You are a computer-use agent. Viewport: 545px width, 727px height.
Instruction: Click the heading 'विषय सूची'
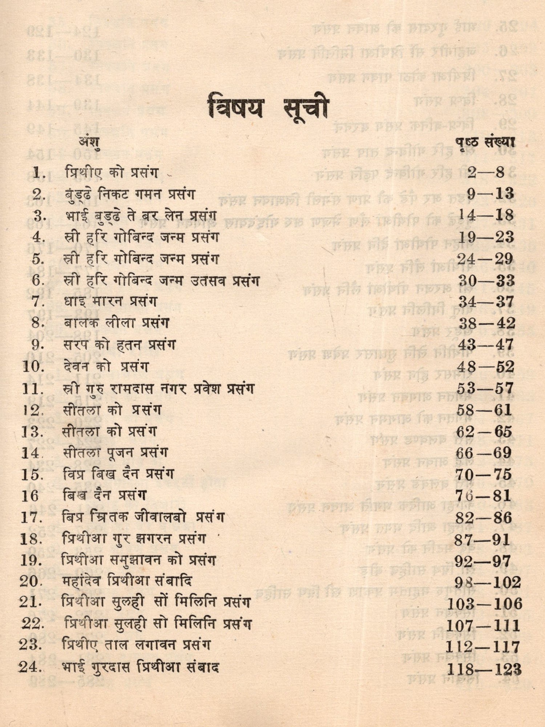(x=268, y=108)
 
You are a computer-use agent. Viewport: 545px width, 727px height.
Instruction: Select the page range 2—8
(x=486, y=172)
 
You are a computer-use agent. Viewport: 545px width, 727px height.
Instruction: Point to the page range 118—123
(x=484, y=669)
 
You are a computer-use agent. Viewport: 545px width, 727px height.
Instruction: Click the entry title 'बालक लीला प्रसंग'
(x=116, y=323)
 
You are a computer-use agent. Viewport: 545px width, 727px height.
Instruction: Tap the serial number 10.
(x=33, y=366)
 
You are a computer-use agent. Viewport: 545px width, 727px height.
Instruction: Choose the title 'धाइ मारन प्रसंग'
(x=110, y=301)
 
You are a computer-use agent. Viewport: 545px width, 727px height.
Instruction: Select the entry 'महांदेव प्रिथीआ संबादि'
(x=126, y=581)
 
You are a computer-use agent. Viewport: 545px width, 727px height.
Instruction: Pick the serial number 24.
(x=31, y=667)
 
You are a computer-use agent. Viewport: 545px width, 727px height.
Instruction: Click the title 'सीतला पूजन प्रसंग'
(x=115, y=453)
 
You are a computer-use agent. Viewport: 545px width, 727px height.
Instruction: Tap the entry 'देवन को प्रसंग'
(x=106, y=366)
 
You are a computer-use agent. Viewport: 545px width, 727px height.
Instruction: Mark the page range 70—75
(x=484, y=474)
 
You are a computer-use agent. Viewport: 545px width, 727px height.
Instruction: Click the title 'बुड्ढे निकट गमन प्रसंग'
(x=130, y=194)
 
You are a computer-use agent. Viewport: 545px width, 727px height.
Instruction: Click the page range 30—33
(x=486, y=280)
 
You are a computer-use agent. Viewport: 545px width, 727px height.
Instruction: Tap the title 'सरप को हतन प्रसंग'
(x=120, y=345)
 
